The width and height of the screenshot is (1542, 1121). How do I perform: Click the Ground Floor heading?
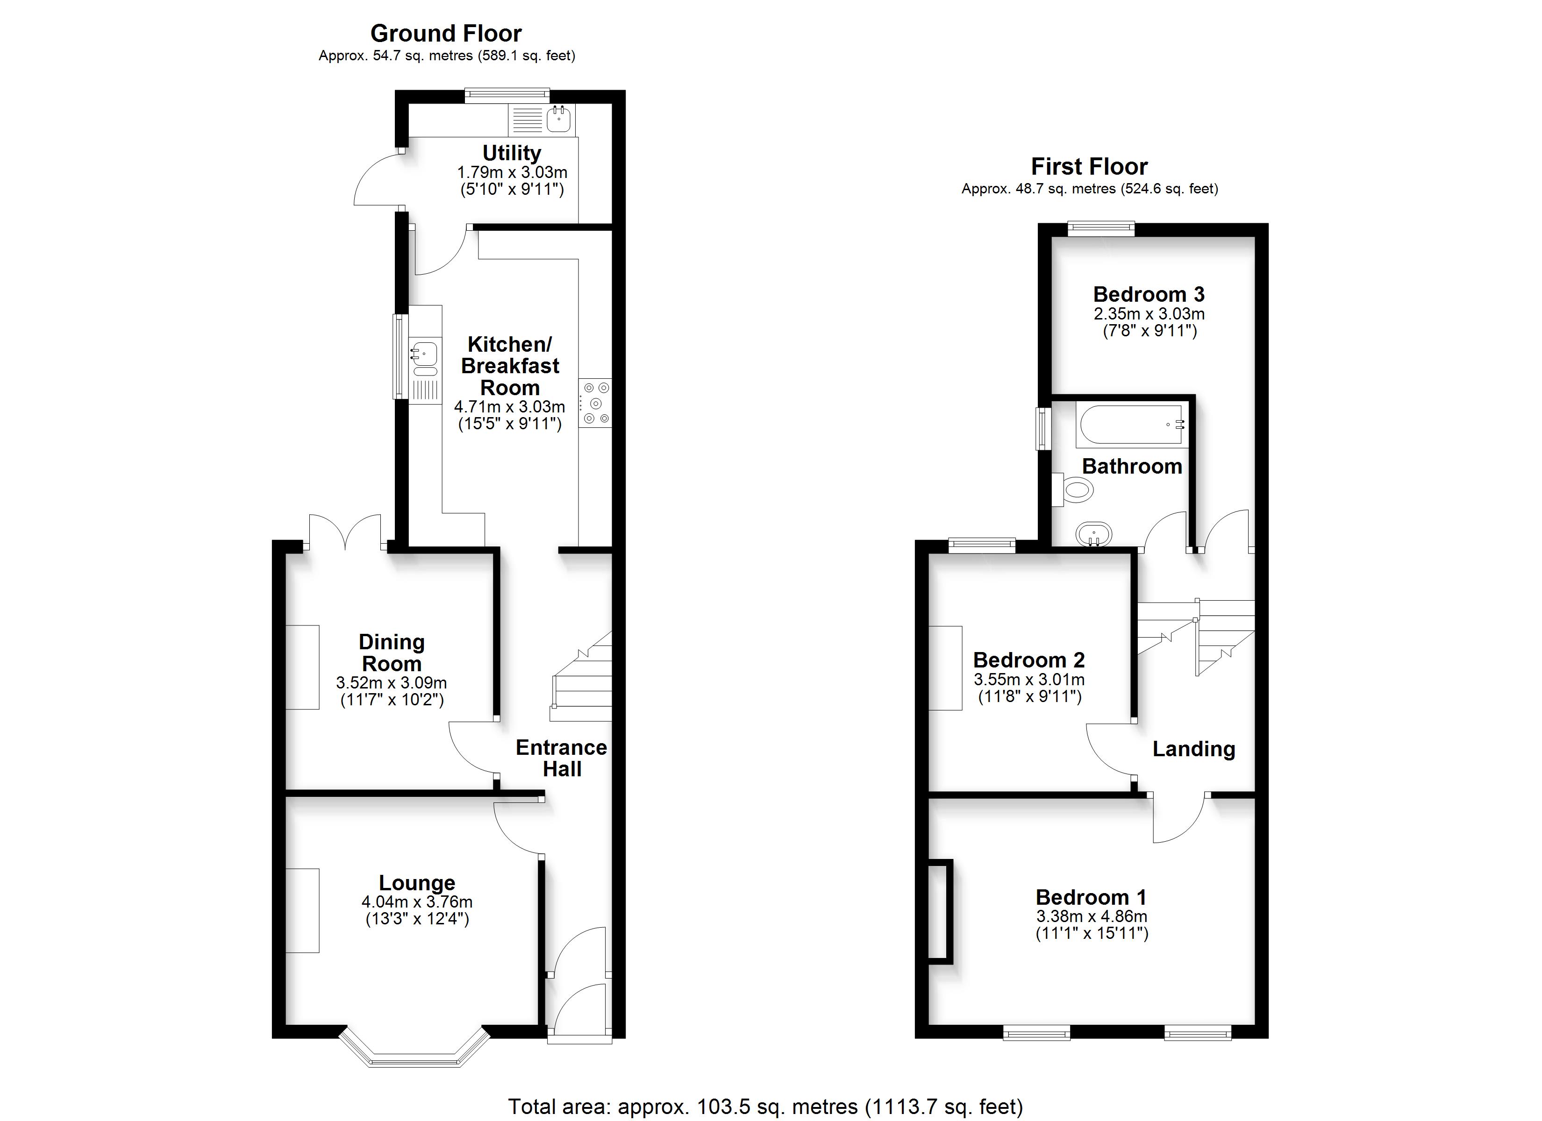[x=446, y=33]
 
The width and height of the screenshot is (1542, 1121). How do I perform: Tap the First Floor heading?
[x=1089, y=167]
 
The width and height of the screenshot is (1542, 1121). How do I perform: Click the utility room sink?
[x=559, y=120]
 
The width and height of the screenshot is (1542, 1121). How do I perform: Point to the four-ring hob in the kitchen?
[x=595, y=403]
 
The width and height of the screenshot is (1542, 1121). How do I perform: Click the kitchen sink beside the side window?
[x=425, y=359]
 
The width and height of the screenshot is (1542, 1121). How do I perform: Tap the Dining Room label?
[x=392, y=653]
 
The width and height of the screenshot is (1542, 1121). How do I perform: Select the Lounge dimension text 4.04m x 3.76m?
[x=417, y=902]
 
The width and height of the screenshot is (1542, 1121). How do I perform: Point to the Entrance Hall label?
[x=562, y=758]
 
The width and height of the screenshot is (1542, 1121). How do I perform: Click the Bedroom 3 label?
[x=1149, y=294]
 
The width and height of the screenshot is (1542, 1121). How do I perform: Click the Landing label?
[x=1193, y=749]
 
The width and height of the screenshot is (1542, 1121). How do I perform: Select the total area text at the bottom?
[x=765, y=1106]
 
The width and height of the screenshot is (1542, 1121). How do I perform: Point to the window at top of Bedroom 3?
[x=1101, y=228]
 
